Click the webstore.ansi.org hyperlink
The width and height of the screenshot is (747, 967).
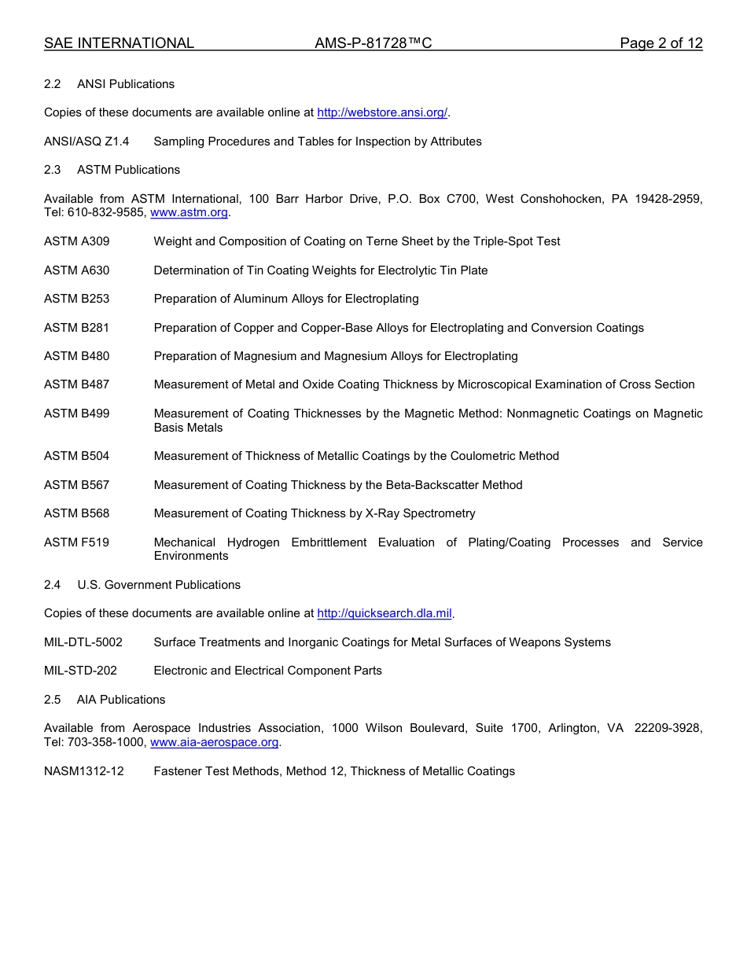[382, 112]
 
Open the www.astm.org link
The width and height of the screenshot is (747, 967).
[189, 212]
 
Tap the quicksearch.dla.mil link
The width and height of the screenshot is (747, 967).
[385, 613]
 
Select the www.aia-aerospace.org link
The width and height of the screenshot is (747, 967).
[215, 742]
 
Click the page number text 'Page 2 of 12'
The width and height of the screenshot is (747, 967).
[661, 43]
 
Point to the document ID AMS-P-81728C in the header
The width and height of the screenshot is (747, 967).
[373, 43]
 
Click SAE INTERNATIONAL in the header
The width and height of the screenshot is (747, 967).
[119, 43]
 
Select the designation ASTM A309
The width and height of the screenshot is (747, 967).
[77, 241]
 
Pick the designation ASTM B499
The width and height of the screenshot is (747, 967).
[77, 414]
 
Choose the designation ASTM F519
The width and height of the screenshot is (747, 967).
[77, 542]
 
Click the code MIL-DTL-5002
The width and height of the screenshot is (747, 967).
[83, 642]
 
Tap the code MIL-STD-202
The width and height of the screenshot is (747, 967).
[80, 671]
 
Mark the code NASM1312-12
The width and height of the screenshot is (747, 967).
[84, 771]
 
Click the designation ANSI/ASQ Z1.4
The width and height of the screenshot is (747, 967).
[86, 142]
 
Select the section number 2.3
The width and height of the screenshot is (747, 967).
[52, 170]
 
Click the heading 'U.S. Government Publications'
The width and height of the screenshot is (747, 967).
[159, 585]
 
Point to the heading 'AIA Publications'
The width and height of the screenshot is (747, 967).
[121, 700]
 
